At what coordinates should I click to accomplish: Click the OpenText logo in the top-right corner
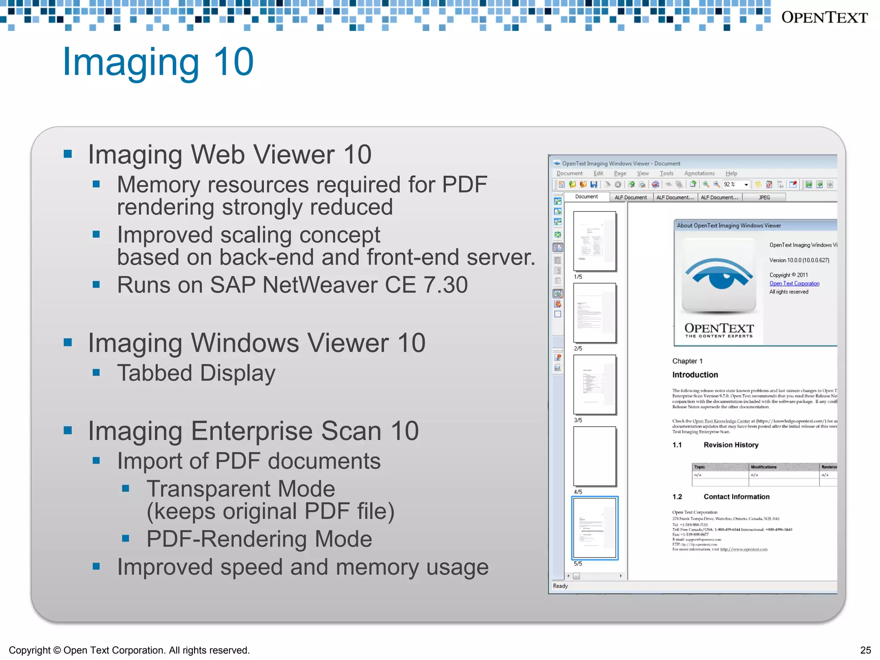click(x=824, y=18)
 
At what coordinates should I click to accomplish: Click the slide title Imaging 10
click(x=158, y=62)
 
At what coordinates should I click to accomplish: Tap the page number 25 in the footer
click(x=865, y=650)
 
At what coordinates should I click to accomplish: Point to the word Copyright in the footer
click(x=29, y=650)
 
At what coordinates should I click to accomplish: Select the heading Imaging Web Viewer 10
click(x=229, y=154)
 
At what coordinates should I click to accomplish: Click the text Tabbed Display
click(x=196, y=373)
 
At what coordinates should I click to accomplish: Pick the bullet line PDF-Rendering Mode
click(x=259, y=539)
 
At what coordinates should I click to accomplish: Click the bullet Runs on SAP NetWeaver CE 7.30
click(x=292, y=285)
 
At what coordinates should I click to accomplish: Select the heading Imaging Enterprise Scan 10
click(x=253, y=431)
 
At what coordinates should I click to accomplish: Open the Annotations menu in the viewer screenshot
click(x=699, y=174)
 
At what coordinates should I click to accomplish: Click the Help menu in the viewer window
click(x=731, y=174)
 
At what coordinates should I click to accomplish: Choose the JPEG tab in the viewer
click(x=764, y=198)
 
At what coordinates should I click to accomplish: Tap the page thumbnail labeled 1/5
click(x=595, y=241)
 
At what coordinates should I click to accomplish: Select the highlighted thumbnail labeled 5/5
click(x=595, y=528)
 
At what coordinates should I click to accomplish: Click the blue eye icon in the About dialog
click(x=719, y=275)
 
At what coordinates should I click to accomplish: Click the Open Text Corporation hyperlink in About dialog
click(x=794, y=284)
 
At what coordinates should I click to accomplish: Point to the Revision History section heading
click(x=730, y=445)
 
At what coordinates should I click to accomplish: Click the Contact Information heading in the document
click(x=736, y=497)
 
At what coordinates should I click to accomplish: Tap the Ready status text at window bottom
click(x=560, y=586)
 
